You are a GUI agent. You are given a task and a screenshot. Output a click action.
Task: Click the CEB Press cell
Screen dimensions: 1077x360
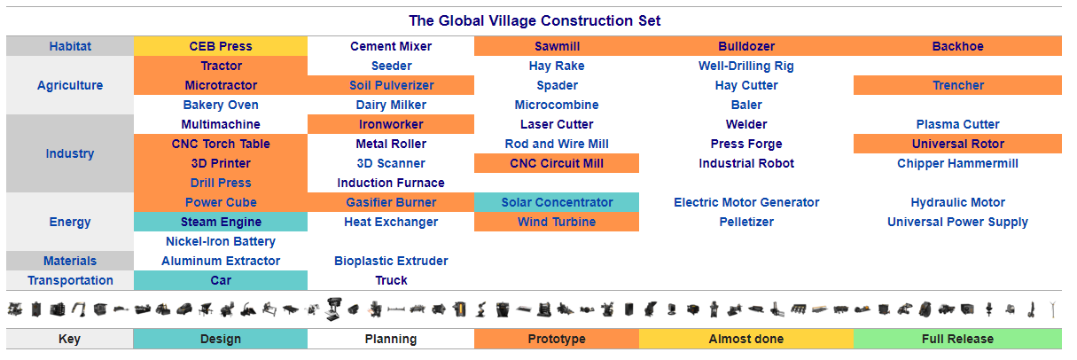click(221, 46)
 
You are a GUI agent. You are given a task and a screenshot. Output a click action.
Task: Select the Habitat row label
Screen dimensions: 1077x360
click(70, 46)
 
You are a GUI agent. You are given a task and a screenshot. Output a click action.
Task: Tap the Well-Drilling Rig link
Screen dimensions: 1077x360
click(746, 66)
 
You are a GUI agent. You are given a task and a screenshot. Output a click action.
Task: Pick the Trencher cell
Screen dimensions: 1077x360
click(957, 85)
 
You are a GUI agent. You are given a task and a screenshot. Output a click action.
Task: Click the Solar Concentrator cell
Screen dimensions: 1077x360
click(557, 202)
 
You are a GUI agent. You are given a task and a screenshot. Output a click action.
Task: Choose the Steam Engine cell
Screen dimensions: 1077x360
click(221, 222)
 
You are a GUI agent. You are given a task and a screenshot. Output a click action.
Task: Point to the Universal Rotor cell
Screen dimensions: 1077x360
click(957, 144)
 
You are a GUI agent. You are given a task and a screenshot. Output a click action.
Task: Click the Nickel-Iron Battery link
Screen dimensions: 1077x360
click(221, 241)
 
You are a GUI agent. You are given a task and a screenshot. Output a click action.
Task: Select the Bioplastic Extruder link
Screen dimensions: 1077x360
click(391, 261)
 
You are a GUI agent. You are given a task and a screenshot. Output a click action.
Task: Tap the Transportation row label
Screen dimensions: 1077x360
click(70, 280)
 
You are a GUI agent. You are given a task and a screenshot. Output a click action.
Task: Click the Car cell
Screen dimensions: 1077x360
click(221, 280)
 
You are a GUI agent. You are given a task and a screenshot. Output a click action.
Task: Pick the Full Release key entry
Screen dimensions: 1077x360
click(957, 339)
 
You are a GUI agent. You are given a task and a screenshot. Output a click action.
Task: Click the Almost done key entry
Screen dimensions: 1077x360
click(746, 339)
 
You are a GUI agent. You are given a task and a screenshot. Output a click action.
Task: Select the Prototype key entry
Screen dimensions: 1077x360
click(557, 339)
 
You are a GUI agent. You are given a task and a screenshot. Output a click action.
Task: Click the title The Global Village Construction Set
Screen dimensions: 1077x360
click(535, 20)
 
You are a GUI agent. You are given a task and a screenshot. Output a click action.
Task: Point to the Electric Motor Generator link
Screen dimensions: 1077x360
click(746, 202)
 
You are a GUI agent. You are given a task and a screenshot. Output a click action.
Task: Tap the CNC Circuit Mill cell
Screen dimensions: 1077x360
click(557, 163)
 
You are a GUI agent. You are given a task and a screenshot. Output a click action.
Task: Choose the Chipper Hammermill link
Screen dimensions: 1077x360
click(957, 163)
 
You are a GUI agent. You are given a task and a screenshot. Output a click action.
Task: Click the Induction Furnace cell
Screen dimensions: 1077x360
click(391, 183)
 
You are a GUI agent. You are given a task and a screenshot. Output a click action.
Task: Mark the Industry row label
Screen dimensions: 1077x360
click(70, 153)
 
